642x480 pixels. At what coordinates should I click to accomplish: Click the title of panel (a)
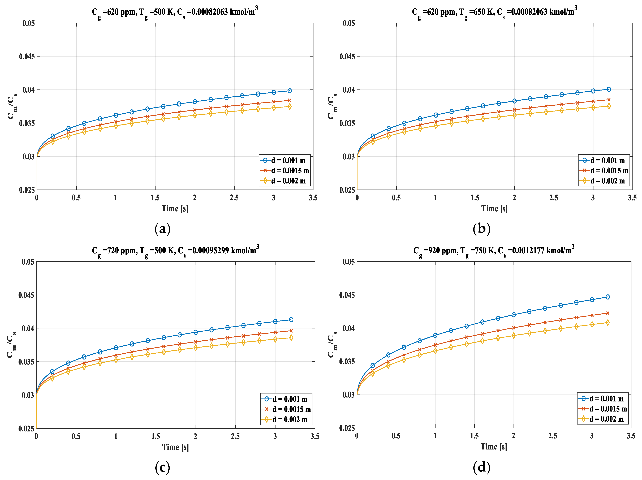[175, 12]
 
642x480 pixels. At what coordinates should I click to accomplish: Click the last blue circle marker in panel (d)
[607, 297]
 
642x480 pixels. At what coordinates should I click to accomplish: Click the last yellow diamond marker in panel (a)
[289, 107]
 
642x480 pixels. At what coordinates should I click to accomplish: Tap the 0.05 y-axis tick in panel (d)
[348, 262]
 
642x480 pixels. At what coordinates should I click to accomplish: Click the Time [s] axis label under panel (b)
[494, 208]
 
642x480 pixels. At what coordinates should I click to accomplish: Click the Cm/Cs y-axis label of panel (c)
[12, 345]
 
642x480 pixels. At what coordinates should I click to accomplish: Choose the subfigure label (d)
[481, 467]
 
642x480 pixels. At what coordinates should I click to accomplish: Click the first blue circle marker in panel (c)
[52, 371]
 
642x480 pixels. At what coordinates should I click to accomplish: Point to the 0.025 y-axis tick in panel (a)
[27, 190]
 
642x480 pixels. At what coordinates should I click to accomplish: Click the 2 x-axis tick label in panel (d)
[513, 436]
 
